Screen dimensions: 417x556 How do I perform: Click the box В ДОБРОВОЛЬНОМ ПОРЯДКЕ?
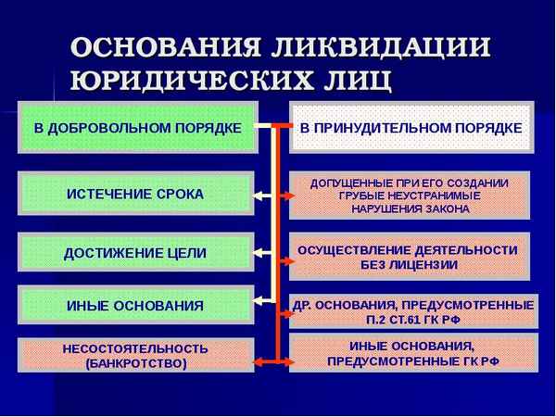click(x=135, y=125)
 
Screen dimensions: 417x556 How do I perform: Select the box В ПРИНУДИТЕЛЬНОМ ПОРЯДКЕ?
click(x=411, y=127)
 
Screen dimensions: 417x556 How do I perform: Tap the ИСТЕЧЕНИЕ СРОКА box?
click(x=134, y=194)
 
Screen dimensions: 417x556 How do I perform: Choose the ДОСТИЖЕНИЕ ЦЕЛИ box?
click(x=134, y=252)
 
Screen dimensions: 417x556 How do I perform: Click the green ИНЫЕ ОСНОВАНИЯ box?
click(x=134, y=305)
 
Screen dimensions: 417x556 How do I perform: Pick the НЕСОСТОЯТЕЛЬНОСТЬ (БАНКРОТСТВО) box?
click(x=135, y=356)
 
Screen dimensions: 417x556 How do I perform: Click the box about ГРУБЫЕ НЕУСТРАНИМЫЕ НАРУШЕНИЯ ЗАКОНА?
click(x=410, y=196)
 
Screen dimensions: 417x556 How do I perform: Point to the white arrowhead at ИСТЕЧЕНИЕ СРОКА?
click(x=260, y=195)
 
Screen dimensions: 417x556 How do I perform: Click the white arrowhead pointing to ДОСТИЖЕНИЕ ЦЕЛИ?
click(x=260, y=252)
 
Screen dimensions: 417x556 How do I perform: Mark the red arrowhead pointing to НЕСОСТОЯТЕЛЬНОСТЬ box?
click(x=259, y=357)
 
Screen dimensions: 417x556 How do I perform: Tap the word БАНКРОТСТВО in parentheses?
click(x=135, y=364)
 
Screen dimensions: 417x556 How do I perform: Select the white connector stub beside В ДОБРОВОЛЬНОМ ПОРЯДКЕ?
click(x=263, y=126)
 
